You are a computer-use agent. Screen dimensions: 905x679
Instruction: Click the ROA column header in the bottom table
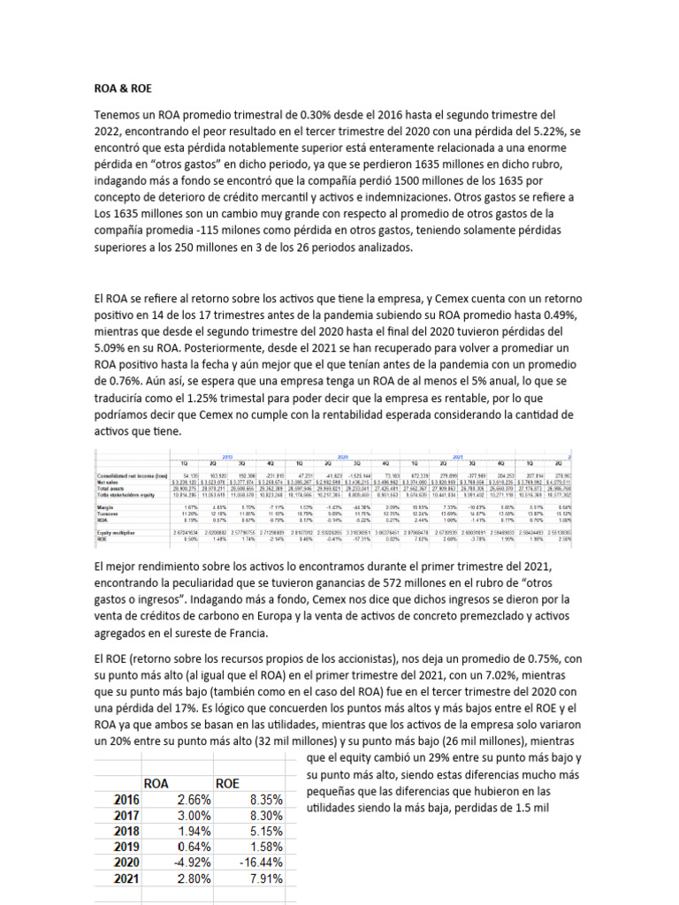click(157, 782)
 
